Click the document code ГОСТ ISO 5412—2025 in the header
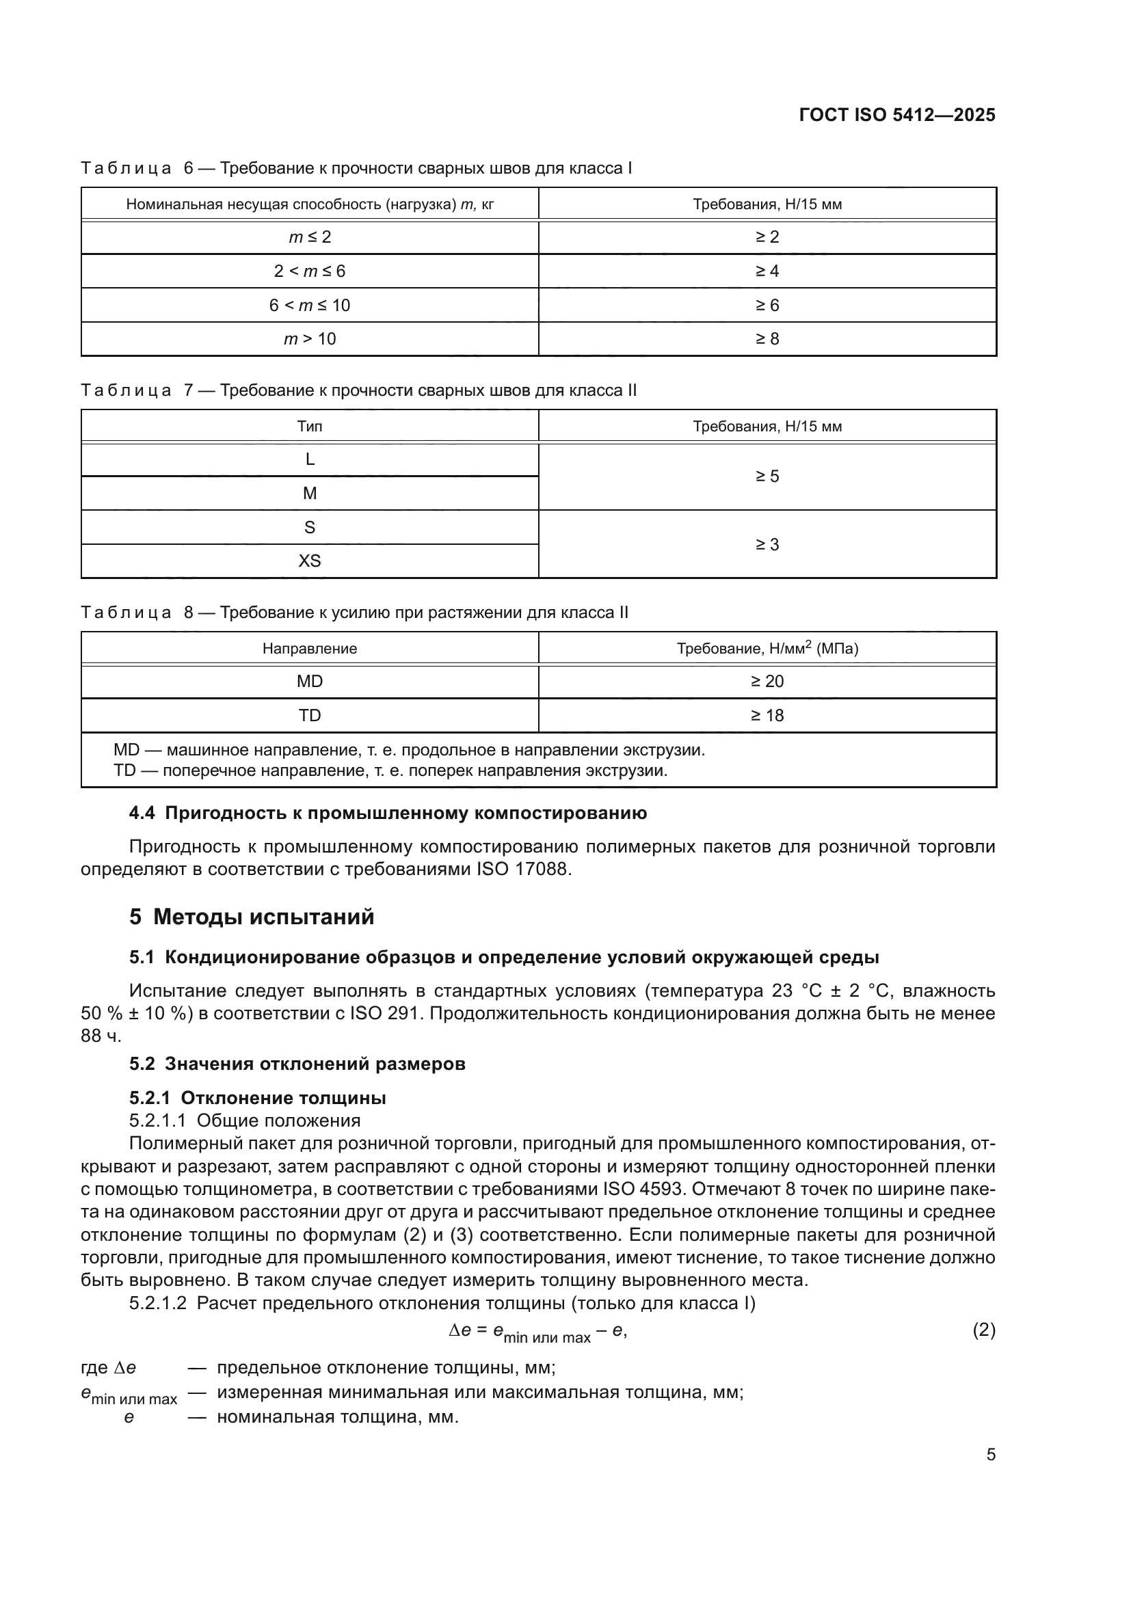click(897, 115)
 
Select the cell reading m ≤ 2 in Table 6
click(310, 237)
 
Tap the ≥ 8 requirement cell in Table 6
click(767, 338)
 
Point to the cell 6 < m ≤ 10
click(310, 305)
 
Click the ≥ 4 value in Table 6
click(767, 271)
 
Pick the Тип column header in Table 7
click(310, 426)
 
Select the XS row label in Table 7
click(310, 561)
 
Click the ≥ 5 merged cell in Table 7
click(767, 476)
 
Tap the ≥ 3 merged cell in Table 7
click(767, 544)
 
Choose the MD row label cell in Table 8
click(310, 681)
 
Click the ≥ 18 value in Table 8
click(767, 715)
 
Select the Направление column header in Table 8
click(310, 648)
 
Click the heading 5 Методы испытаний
click(252, 917)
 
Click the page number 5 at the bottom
click(990, 1454)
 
